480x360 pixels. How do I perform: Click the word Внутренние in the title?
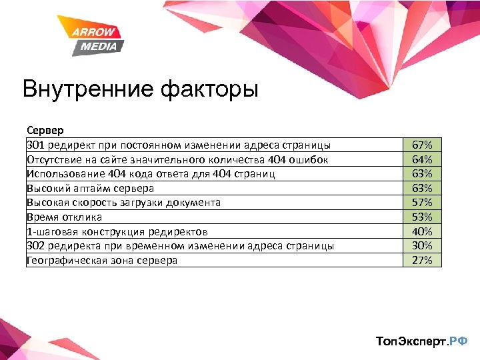(86, 89)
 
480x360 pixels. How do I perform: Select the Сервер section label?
(45, 131)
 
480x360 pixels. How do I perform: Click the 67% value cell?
(422, 145)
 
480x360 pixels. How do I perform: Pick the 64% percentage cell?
(422, 159)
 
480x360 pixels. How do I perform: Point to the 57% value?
(422, 203)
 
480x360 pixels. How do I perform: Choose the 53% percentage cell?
(422, 217)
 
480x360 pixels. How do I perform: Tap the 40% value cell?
(422, 231)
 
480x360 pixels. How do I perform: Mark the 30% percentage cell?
(422, 246)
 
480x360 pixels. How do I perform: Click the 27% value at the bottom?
(422, 260)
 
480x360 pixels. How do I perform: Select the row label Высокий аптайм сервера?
(90, 188)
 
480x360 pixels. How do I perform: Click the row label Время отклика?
(64, 217)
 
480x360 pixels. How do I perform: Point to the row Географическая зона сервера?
(102, 260)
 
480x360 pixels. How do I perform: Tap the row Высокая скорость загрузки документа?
(123, 203)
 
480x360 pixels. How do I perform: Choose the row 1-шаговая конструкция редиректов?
(117, 231)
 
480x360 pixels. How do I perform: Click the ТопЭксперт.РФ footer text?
(422, 341)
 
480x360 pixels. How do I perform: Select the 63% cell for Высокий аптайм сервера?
(422, 188)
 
